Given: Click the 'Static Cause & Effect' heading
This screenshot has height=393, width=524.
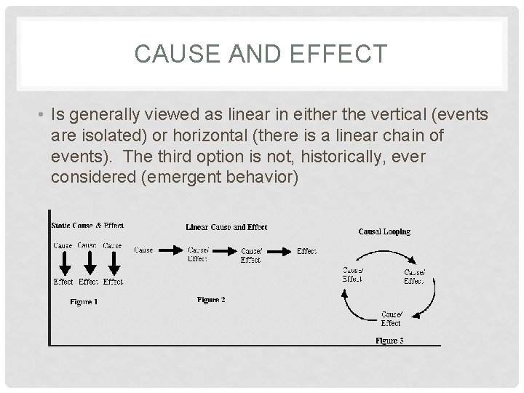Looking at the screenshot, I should (87, 226).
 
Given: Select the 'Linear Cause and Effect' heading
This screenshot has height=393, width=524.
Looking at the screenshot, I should (226, 227).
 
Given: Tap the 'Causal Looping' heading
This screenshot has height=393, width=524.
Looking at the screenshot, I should (384, 231).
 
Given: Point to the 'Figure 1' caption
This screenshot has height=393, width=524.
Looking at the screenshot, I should (84, 302).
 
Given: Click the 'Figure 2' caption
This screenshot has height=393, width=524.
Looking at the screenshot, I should (211, 299).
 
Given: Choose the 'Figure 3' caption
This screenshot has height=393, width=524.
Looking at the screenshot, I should (389, 340).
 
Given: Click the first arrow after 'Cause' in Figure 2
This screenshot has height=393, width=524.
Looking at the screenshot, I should (170, 250).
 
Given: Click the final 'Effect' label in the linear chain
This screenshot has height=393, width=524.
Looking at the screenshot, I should (306, 251).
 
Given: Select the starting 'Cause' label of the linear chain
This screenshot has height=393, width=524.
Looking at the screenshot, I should (143, 250).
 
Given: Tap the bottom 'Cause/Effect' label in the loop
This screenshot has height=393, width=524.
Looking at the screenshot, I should (390, 319).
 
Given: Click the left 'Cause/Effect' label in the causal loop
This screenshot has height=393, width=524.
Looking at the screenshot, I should (353, 274).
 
